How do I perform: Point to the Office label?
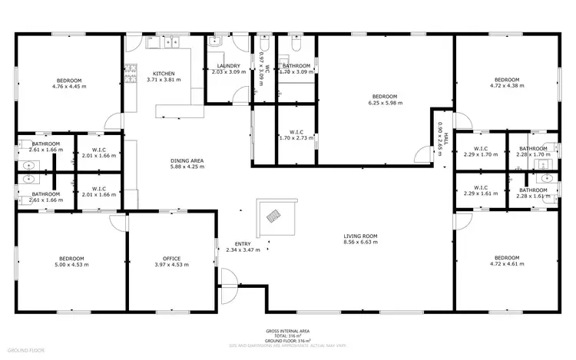[170, 258]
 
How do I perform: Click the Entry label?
[243, 243]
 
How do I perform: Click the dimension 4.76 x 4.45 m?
[69, 87]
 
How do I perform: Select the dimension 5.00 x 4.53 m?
[71, 265]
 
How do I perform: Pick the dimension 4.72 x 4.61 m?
[506, 264]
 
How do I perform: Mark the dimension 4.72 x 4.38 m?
[506, 87]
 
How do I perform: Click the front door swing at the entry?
[230, 293]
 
